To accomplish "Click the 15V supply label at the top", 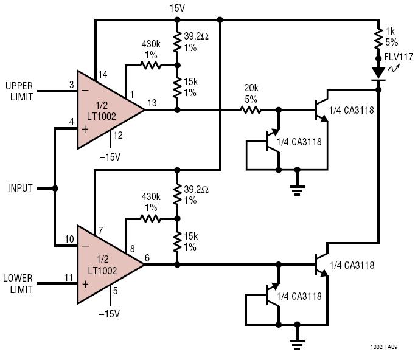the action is pos(177,9).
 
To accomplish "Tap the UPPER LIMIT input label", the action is pos(19,91).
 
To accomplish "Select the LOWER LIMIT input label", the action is pos(18,284).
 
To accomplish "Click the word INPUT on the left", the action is pos(20,188).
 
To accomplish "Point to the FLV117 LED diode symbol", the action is pos(378,74).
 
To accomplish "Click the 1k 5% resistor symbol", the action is pos(378,39).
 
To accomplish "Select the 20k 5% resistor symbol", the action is pos(251,110).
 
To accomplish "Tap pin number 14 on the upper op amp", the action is pos(103,74).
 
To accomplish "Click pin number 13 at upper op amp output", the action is pos(152,103).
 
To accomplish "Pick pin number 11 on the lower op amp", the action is pos(69,278).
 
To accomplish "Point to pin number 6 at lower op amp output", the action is pos(147,258).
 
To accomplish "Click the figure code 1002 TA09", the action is pos(384,347).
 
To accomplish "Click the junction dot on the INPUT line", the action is pos(55,189).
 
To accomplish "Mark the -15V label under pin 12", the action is pos(110,157).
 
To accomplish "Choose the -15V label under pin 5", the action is pos(110,314).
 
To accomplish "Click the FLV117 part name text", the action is pos(399,57).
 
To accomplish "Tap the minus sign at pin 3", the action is pos(85,91).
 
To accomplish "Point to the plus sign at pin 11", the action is pos(85,284).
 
